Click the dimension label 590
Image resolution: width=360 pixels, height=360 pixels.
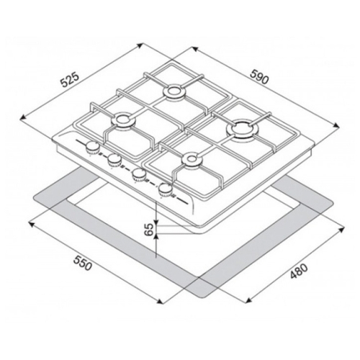click(258, 77)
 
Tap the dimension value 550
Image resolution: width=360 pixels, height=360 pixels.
click(83, 264)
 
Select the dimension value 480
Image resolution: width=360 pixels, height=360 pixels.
click(299, 271)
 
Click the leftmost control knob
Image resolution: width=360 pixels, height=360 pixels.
click(92, 148)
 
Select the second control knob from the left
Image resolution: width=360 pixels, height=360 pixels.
click(114, 161)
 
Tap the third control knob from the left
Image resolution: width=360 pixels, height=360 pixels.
click(139, 175)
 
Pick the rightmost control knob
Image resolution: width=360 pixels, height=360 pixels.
click(166, 190)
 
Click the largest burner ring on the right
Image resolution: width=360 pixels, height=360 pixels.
click(241, 129)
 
